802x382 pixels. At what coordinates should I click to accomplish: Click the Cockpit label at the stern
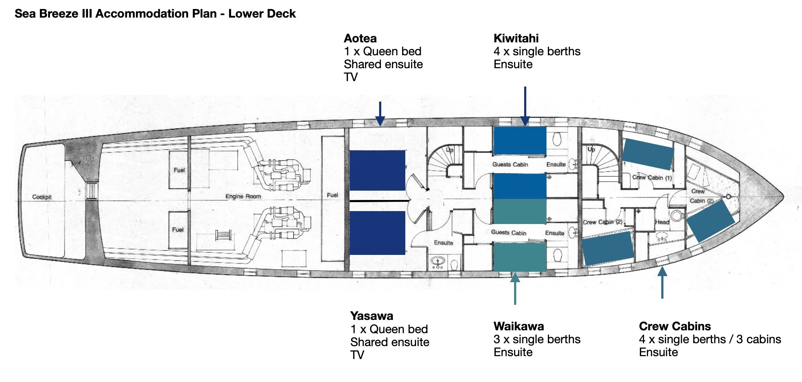click(42, 197)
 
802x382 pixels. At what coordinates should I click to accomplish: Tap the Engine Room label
click(243, 196)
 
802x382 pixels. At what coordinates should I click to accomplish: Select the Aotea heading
click(360, 38)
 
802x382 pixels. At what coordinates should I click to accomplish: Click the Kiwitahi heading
click(516, 38)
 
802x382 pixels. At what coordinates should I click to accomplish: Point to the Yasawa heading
click(372, 316)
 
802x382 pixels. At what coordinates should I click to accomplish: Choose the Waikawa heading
click(518, 326)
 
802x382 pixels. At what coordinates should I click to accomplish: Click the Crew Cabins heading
click(675, 326)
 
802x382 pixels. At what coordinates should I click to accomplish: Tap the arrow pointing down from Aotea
click(380, 114)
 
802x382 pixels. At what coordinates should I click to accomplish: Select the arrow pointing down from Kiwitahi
click(525, 106)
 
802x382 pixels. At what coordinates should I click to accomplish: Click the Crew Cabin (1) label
click(652, 177)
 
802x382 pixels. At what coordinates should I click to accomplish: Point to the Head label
click(662, 222)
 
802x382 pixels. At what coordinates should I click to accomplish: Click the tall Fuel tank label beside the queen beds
click(332, 195)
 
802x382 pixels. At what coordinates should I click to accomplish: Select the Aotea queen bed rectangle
click(377, 170)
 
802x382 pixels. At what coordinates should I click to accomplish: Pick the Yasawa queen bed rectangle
click(377, 233)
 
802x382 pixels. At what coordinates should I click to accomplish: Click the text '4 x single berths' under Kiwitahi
click(537, 51)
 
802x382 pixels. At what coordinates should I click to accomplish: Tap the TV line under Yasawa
click(357, 355)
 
